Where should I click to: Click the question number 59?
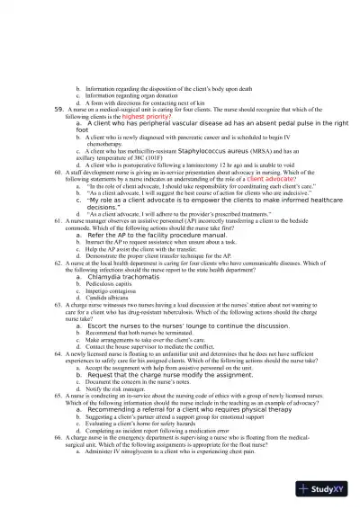click(58, 108)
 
